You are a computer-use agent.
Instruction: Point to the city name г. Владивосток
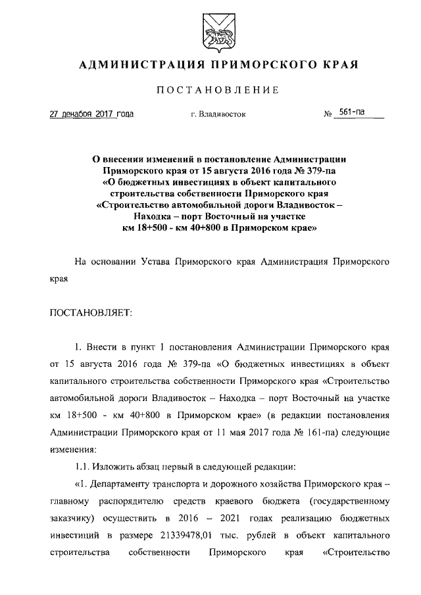(218, 114)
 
